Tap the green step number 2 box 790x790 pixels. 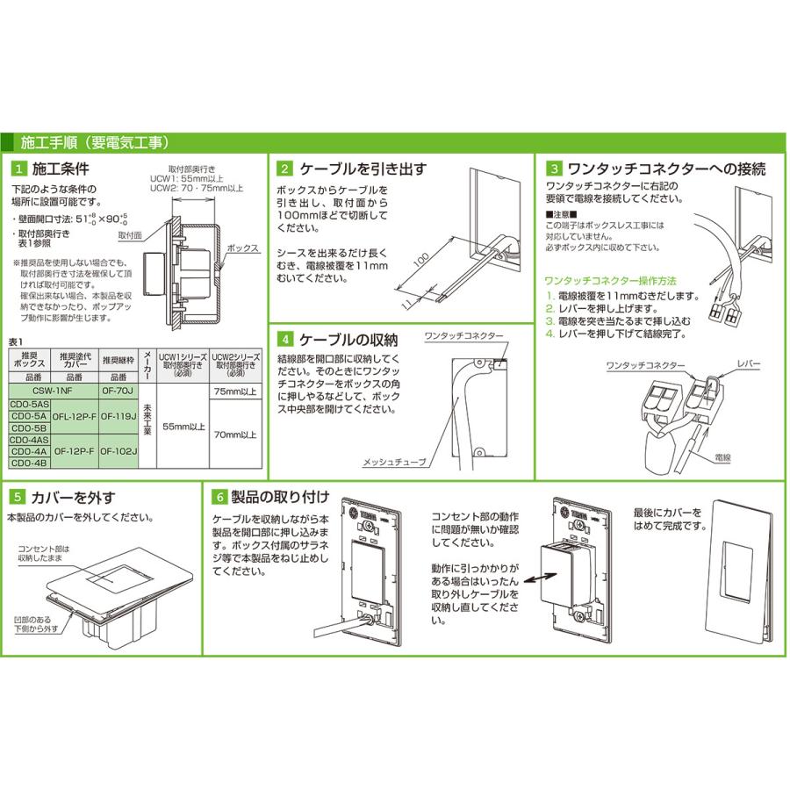(285, 169)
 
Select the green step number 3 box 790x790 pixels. (554, 169)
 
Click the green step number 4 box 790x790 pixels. (285, 339)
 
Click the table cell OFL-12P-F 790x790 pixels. (74, 418)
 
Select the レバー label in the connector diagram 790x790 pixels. (749, 363)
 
